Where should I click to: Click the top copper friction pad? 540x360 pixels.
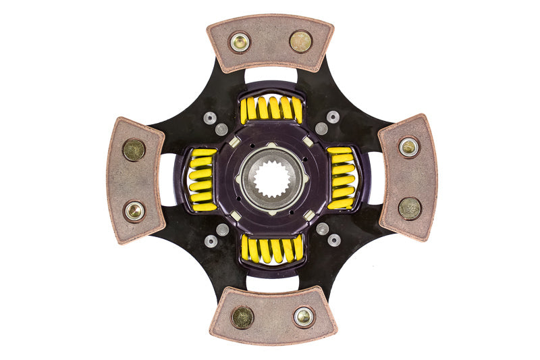point(270,42)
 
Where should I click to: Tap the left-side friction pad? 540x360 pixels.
point(136,180)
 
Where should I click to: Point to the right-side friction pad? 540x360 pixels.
point(407,177)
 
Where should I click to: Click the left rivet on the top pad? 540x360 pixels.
point(240,43)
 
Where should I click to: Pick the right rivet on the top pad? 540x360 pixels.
point(301,41)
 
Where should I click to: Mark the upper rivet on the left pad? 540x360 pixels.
point(134,150)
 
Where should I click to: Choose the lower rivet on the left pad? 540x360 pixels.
point(134,211)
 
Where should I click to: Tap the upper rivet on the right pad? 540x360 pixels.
point(408,147)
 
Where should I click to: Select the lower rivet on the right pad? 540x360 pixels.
point(410,208)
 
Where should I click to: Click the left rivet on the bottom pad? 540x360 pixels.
point(242,317)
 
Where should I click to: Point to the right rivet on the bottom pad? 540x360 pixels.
point(304,315)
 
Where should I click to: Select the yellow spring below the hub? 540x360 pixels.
point(272,249)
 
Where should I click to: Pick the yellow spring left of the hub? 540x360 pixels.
point(202,180)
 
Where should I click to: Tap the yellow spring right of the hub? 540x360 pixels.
point(342,178)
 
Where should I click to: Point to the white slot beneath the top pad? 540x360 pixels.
point(270,76)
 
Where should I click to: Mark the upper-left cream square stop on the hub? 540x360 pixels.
point(234,143)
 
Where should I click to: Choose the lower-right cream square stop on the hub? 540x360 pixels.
point(308,215)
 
